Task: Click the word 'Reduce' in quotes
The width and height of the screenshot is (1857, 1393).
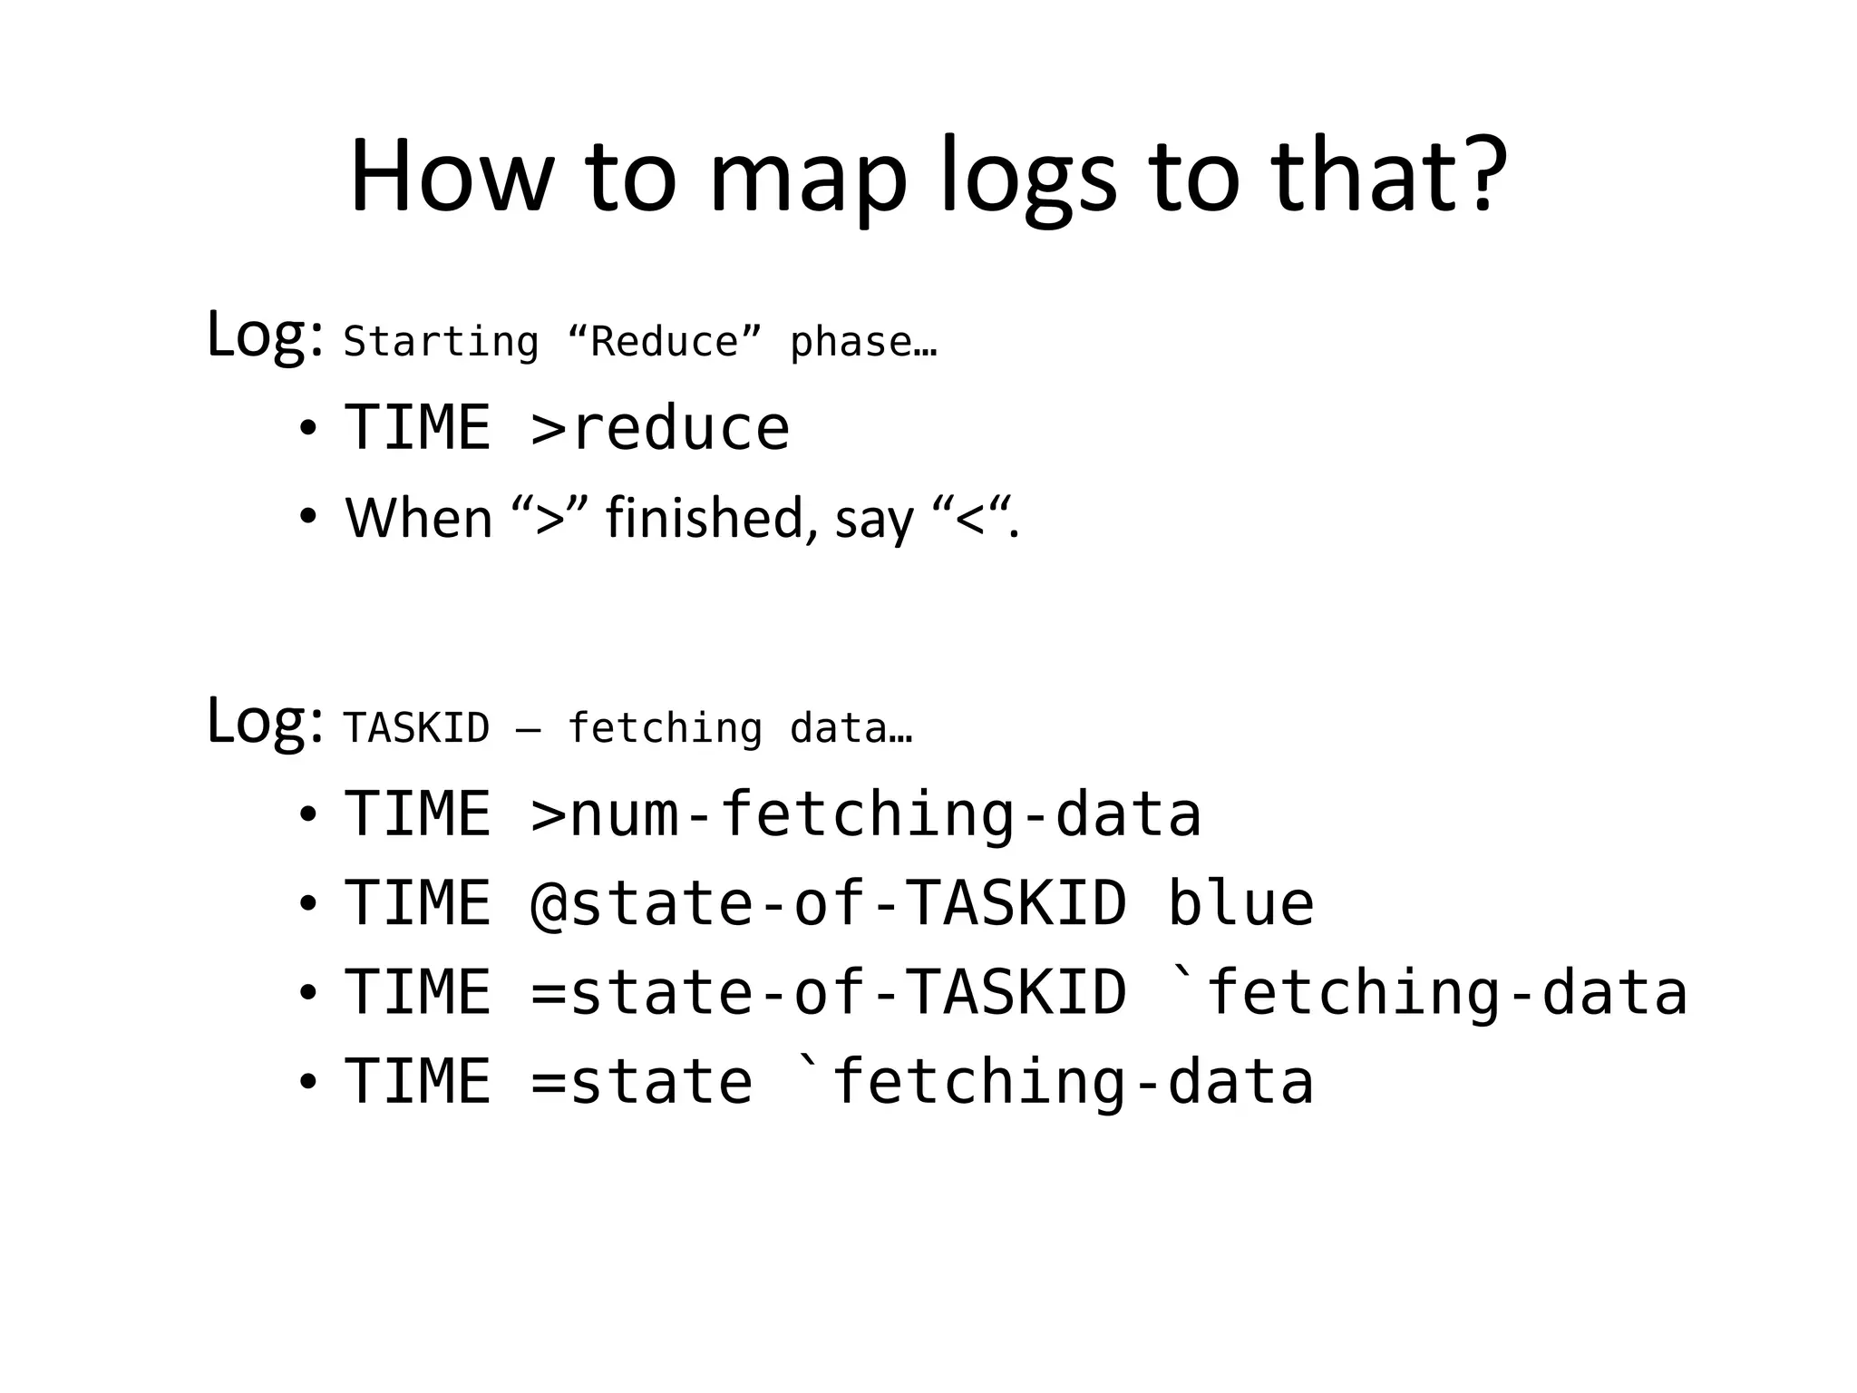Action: pos(665,343)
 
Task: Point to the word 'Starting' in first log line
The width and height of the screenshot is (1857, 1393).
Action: pos(441,343)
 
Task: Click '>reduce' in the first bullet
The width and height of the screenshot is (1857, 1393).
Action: pos(660,428)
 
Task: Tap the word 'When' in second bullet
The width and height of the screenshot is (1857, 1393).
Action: pos(419,518)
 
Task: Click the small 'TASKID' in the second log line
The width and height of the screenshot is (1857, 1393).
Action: pos(416,728)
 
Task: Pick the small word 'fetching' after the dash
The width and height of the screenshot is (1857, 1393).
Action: pos(665,728)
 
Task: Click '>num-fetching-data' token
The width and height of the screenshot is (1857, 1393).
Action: pos(866,813)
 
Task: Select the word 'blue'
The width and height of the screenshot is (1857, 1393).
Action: pos(1240,903)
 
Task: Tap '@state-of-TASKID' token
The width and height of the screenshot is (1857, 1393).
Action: pos(828,903)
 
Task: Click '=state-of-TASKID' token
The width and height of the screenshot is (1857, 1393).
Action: pos(828,991)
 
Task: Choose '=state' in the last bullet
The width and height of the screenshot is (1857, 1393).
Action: pos(641,1081)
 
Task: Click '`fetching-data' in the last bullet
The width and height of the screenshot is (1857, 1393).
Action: pos(1053,1081)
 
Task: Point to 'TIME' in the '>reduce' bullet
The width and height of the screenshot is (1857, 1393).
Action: pos(417,428)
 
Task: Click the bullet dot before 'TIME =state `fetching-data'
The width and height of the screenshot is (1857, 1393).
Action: pos(308,1082)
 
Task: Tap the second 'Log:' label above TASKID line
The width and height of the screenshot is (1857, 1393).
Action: pos(264,721)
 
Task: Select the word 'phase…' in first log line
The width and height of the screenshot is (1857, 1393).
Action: pos(862,343)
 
